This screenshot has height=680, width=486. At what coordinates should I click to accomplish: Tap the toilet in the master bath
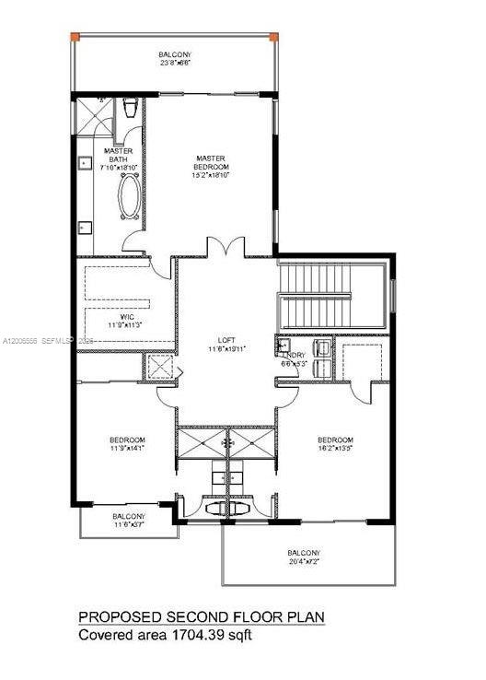tap(130, 108)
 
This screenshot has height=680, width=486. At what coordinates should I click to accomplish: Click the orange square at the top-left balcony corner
tap(75, 37)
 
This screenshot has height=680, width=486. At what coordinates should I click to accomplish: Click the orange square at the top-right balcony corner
tap(272, 37)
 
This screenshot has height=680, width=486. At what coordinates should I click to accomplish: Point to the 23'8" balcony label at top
tap(174, 60)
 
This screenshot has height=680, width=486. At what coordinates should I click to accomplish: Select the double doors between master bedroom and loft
tap(226, 248)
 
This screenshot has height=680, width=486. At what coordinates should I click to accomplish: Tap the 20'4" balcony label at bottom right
tap(308, 557)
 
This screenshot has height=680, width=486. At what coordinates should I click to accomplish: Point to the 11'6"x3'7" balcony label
tap(128, 521)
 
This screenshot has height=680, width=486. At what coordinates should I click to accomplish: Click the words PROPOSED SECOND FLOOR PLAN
tap(202, 616)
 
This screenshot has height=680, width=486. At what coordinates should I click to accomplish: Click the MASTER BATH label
tap(117, 156)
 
